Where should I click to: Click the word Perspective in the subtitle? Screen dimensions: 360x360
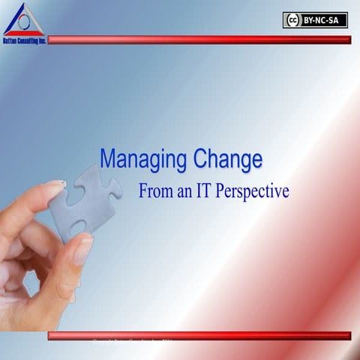tap(254, 192)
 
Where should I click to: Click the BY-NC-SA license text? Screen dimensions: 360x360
tap(325, 20)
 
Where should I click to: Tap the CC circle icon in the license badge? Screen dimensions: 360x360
tap(293, 20)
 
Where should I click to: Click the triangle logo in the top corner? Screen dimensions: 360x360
tap(22, 19)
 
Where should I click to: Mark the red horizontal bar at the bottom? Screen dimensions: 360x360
tap(199, 335)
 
